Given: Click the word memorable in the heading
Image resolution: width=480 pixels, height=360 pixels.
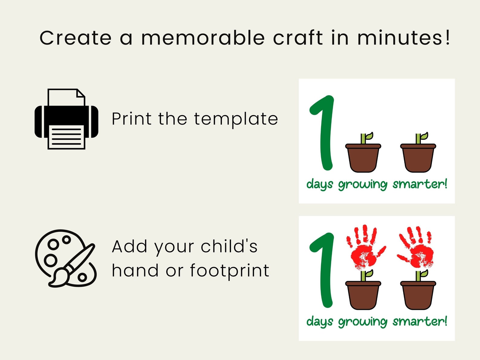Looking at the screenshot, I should pyautogui.click(x=203, y=38).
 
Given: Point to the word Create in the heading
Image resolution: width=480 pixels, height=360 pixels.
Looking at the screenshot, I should pyautogui.click(x=76, y=38).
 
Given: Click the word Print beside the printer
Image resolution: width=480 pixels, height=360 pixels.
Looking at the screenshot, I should pyautogui.click(x=131, y=118).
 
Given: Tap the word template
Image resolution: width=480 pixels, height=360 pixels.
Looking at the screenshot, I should pyautogui.click(x=236, y=119).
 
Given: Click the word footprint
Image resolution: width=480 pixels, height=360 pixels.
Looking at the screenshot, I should pyautogui.click(x=229, y=271).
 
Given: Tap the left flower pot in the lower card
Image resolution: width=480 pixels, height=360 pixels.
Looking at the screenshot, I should pyautogui.click(x=363, y=295).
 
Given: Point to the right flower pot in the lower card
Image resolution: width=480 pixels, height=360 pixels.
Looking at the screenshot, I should pyautogui.click(x=418, y=295).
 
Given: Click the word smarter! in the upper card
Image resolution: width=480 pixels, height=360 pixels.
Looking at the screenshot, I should pyautogui.click(x=420, y=184).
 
